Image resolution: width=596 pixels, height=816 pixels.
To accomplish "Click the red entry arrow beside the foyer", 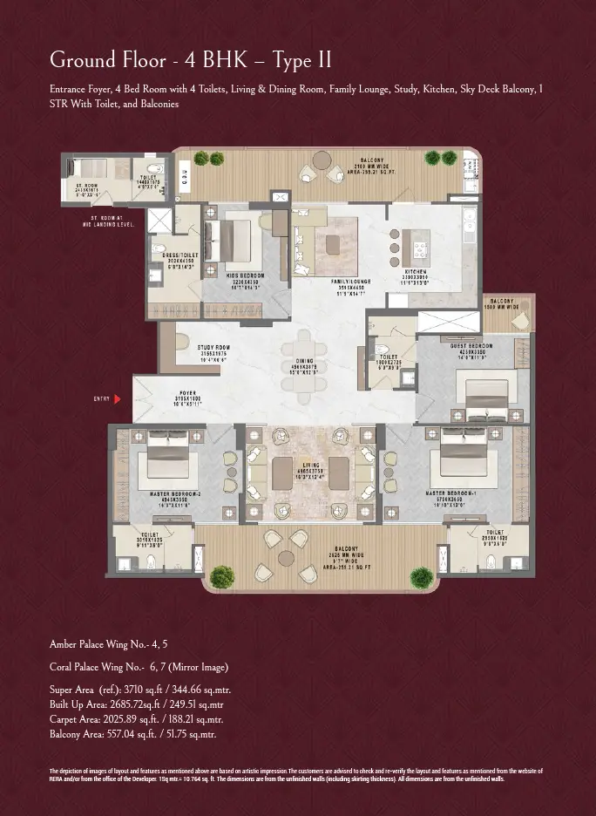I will (117, 398).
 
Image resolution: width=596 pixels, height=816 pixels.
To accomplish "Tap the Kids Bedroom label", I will (246, 275).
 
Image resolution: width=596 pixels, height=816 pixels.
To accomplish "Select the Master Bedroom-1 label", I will (450, 494).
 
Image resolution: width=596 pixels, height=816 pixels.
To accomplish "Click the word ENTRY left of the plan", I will (101, 398).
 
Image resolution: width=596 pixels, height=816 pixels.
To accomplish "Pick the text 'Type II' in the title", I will (301, 60).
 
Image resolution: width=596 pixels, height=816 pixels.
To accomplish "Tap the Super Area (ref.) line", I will (139, 690).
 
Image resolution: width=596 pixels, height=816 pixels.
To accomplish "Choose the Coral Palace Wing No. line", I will (139, 667).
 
